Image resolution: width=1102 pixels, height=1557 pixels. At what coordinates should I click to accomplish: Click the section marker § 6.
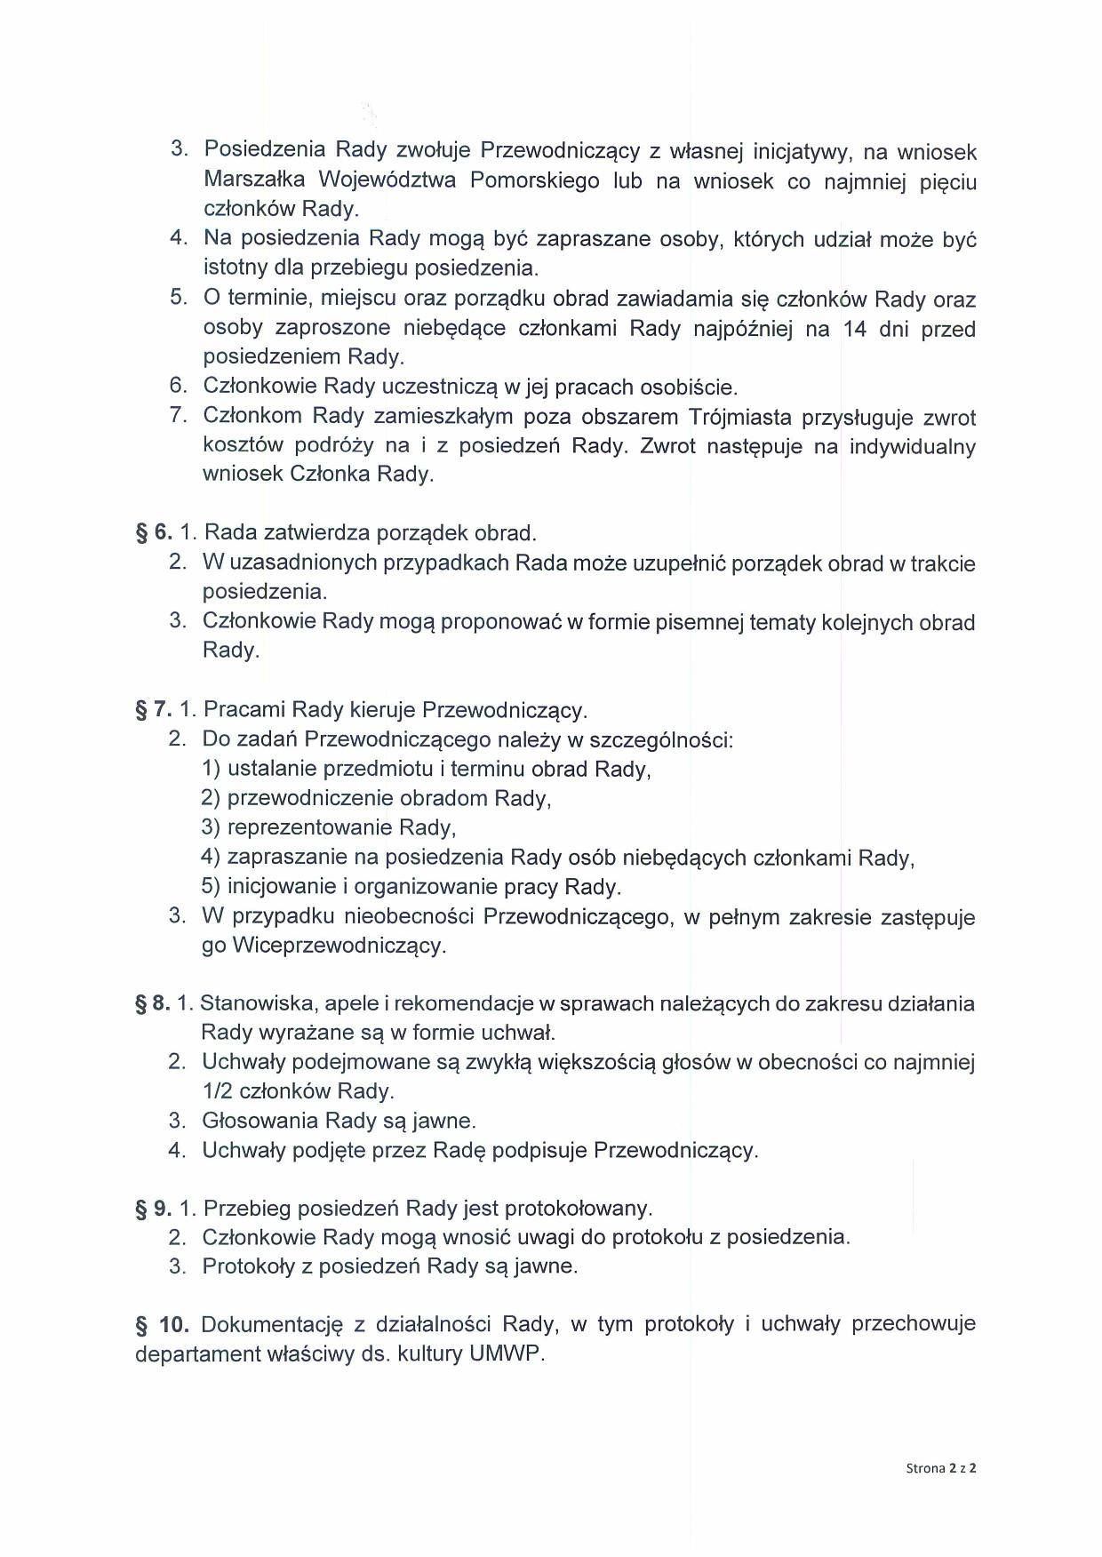(x=153, y=532)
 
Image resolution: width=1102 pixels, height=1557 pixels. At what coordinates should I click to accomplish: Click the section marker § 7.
(x=153, y=710)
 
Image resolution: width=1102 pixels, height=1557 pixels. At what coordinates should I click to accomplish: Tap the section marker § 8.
(x=152, y=1003)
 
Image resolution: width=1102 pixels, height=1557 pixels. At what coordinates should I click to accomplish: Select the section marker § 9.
(x=153, y=1209)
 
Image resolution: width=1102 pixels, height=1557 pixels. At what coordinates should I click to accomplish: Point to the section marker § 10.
(x=162, y=1324)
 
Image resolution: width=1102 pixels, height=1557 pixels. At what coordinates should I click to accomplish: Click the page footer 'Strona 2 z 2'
(x=941, y=1468)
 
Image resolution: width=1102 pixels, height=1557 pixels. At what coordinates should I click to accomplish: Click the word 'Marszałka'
(x=255, y=180)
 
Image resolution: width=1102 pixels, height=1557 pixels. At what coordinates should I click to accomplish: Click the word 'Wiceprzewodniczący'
(x=337, y=946)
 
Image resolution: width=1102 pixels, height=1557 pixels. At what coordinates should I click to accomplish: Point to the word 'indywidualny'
(x=912, y=446)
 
